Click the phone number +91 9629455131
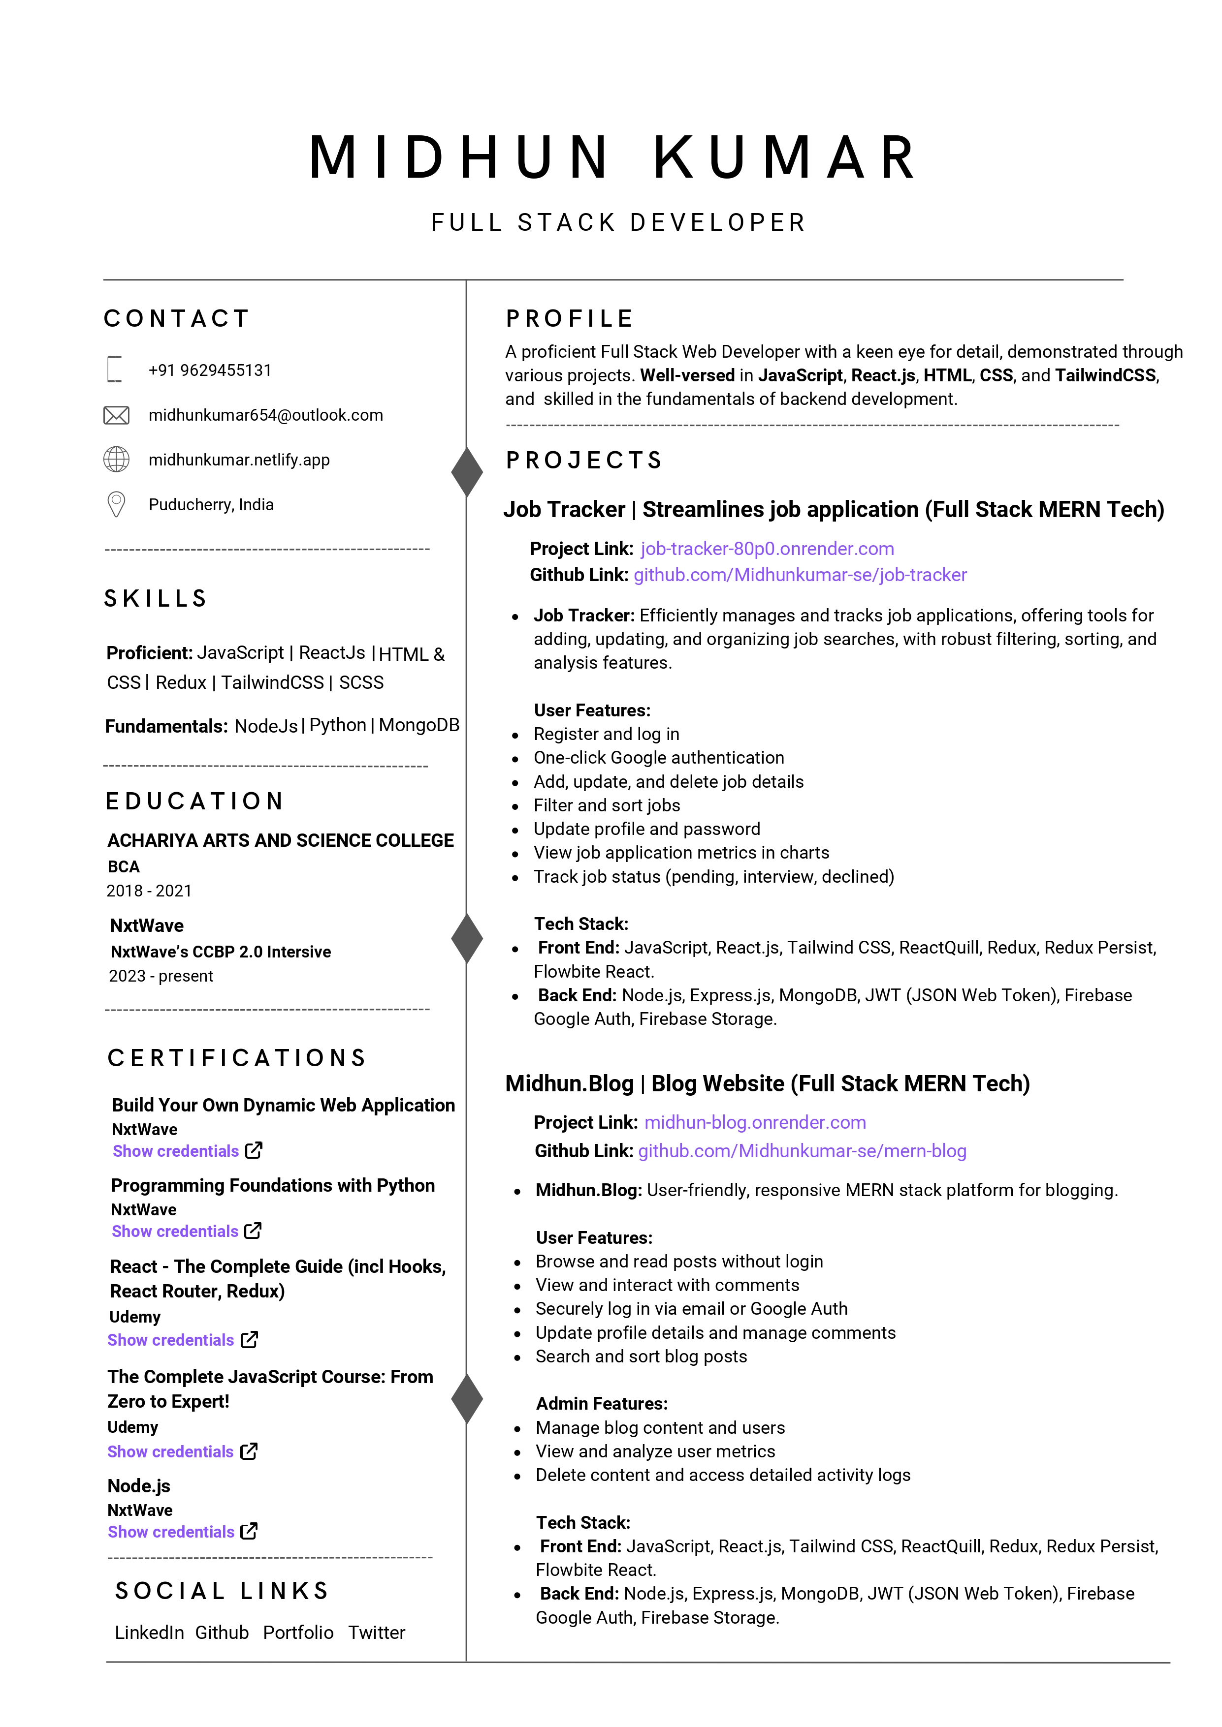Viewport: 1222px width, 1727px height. (210, 370)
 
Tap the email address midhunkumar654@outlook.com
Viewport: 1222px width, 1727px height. (265, 415)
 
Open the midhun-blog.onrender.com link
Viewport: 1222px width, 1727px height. (755, 1122)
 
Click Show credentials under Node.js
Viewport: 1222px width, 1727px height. (171, 1532)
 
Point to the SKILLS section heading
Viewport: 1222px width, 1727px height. (156, 599)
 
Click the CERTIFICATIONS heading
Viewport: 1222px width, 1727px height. (237, 1058)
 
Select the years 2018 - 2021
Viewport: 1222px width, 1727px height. (149, 891)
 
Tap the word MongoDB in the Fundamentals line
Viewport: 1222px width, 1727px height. (419, 725)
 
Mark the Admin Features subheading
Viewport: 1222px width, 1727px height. (601, 1404)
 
